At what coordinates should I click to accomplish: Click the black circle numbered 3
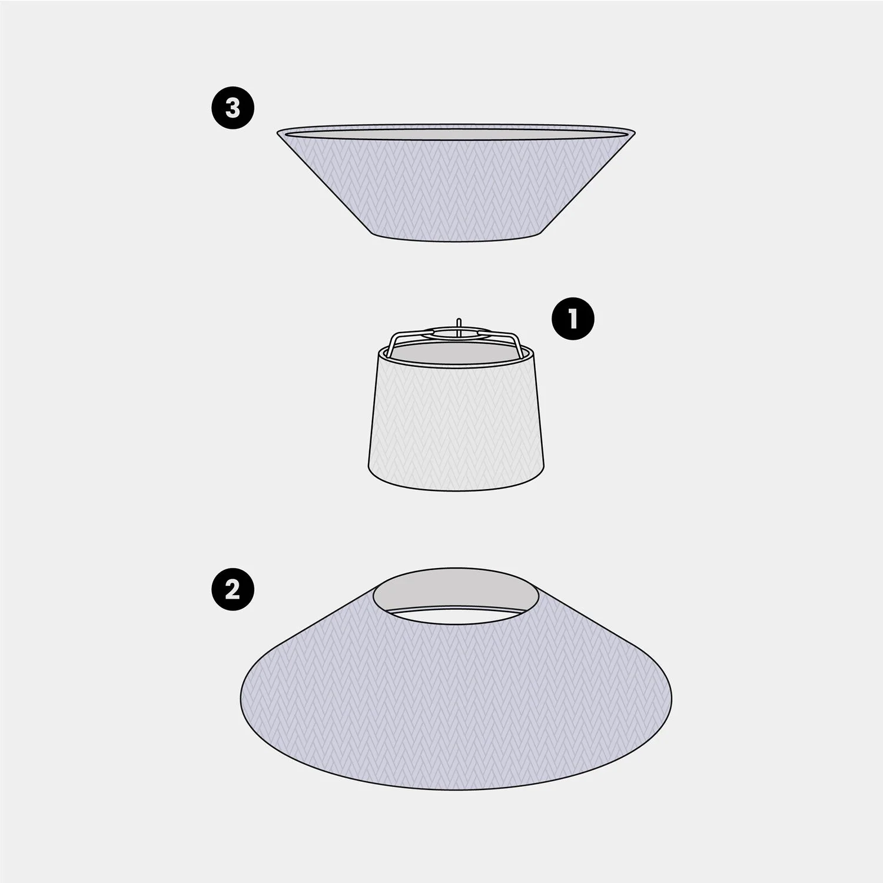[233, 109]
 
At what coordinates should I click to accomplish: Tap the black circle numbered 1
[573, 320]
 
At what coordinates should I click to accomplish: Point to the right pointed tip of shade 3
[635, 131]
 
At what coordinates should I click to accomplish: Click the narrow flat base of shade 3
[456, 239]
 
